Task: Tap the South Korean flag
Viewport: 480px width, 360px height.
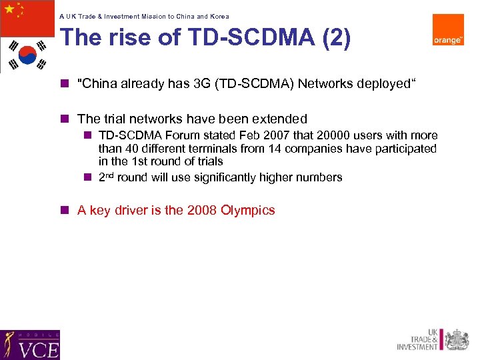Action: point(27,55)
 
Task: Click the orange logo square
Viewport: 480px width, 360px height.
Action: point(448,30)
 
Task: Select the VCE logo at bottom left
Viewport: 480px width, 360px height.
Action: point(30,345)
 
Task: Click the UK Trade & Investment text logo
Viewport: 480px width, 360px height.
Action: point(418,339)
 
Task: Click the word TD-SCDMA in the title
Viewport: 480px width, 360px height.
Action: point(243,38)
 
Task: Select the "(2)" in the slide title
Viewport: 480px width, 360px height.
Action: point(335,38)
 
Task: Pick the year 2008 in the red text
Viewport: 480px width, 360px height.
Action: point(201,211)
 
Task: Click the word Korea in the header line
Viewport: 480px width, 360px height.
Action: point(220,16)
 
